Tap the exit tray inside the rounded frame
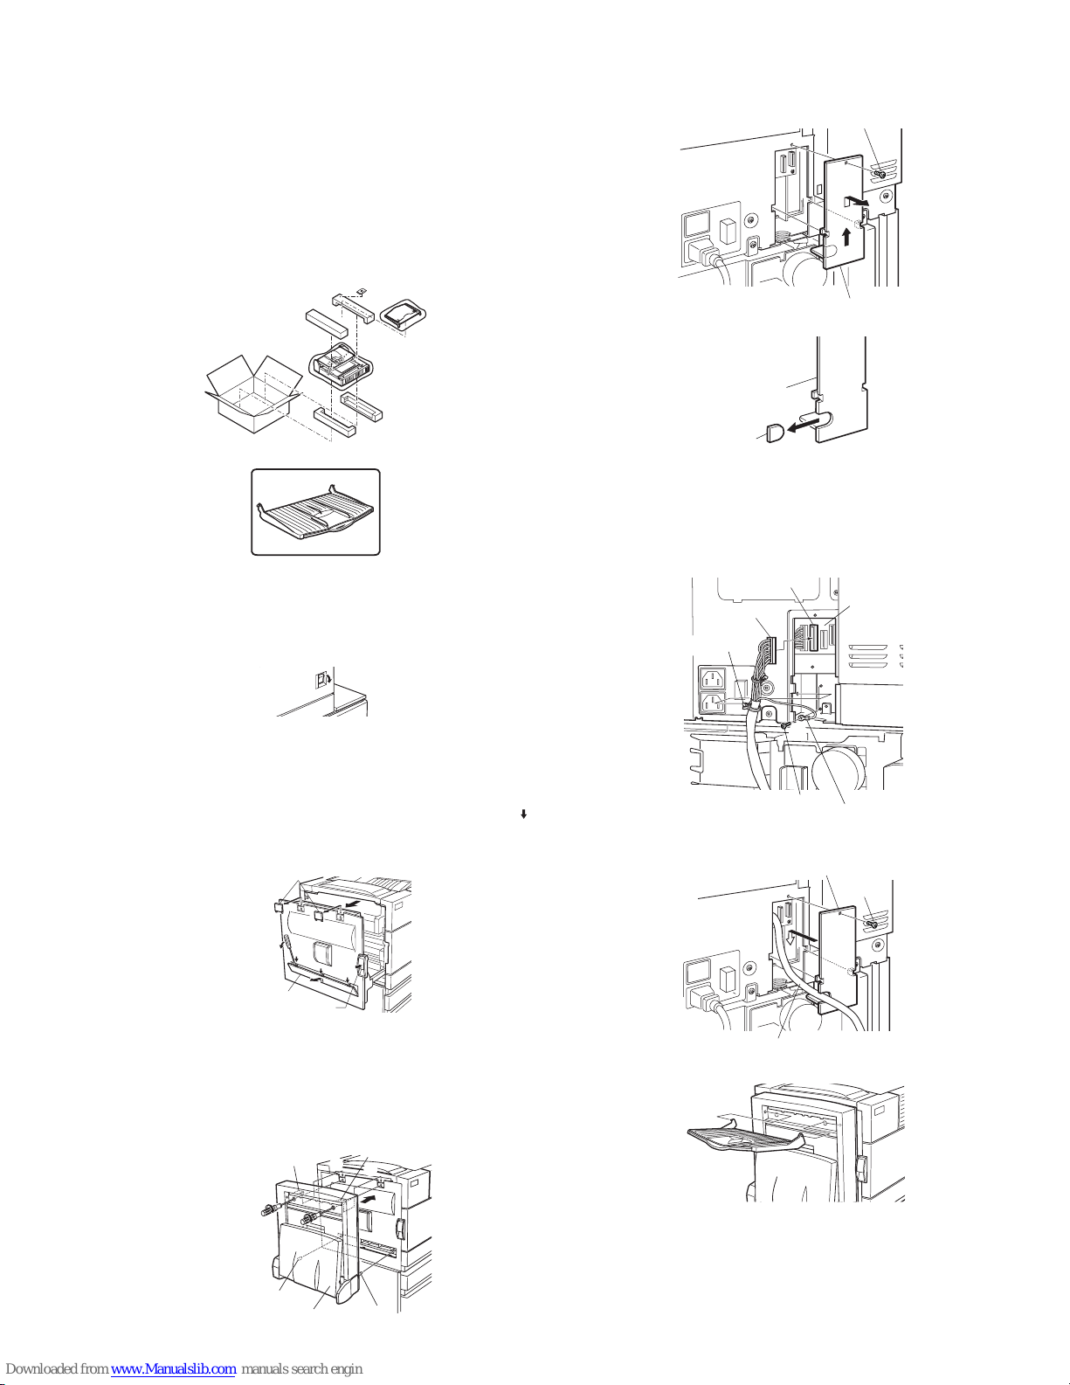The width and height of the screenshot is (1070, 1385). click(x=316, y=512)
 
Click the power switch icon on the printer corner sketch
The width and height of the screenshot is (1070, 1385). click(x=321, y=680)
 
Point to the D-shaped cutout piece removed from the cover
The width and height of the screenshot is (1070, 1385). click(x=776, y=433)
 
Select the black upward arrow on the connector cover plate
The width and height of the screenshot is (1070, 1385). click(x=846, y=237)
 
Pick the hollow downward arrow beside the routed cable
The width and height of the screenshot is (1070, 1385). click(x=789, y=938)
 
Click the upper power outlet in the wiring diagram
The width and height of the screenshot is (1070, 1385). click(x=714, y=680)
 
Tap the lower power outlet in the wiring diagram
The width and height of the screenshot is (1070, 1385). click(x=714, y=705)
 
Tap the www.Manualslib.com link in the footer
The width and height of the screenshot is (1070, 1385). click(x=173, y=1369)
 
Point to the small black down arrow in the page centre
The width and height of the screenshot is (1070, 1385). click(x=523, y=814)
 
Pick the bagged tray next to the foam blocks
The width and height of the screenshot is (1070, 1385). click(x=403, y=315)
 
